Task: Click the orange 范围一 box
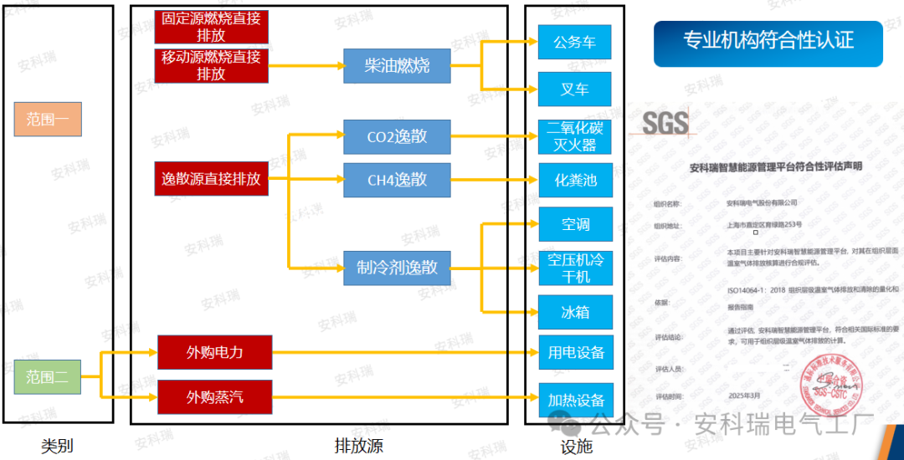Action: [x=47, y=120]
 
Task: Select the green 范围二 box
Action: [x=47, y=377]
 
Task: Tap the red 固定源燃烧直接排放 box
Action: [x=211, y=27]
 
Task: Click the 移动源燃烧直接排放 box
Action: [x=211, y=65]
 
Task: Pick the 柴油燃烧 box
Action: [x=397, y=66]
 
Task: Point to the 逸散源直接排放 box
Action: [x=211, y=179]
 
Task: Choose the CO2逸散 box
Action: [x=397, y=137]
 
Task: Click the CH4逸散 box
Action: [x=397, y=180]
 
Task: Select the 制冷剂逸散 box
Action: [x=397, y=268]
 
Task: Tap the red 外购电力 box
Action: [x=215, y=352]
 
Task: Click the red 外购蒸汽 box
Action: [x=215, y=396]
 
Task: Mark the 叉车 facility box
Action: [x=575, y=89]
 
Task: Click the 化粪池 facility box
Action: [x=575, y=180]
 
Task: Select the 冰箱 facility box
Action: [x=575, y=312]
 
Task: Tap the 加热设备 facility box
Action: [x=575, y=401]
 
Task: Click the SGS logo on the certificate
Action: [x=665, y=124]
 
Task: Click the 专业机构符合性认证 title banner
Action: [x=768, y=43]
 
